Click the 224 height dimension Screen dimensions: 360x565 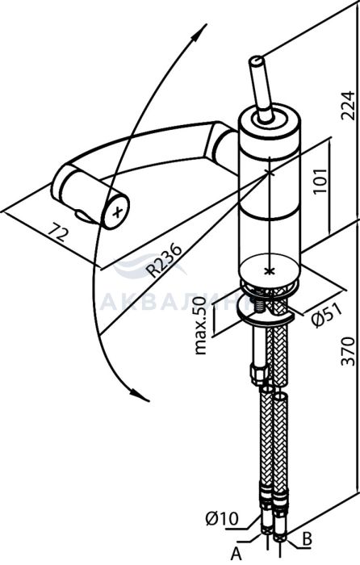[x=348, y=106]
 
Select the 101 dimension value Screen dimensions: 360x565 [x=320, y=181]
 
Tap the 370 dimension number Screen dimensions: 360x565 [x=348, y=351]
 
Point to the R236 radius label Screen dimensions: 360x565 [x=165, y=261]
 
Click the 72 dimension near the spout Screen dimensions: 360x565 [x=57, y=232]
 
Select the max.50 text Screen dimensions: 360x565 [x=200, y=326]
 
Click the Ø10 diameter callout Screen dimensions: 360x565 [x=222, y=519]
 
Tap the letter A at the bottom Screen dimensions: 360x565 [x=236, y=554]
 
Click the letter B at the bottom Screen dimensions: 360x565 [x=307, y=539]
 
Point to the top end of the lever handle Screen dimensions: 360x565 [x=257, y=61]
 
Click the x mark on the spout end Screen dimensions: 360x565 [x=117, y=212]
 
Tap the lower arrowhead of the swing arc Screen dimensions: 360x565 [x=140, y=395]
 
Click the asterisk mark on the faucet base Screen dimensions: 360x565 [x=267, y=270]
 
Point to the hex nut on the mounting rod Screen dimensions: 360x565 [x=259, y=375]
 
